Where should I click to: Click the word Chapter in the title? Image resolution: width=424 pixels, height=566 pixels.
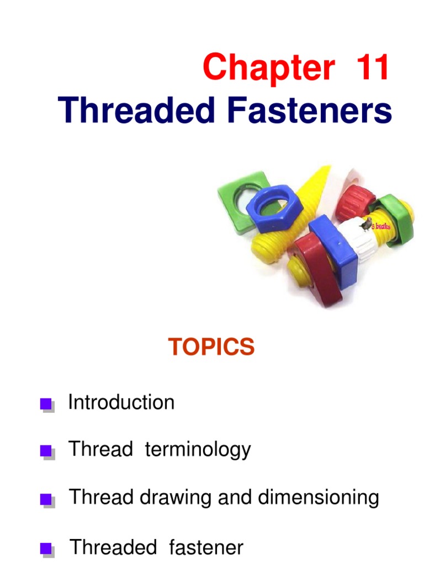pyautogui.click(x=268, y=68)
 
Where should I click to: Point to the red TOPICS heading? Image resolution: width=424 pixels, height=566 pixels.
pyautogui.click(x=211, y=347)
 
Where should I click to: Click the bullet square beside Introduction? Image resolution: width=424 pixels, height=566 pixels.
pyautogui.click(x=46, y=405)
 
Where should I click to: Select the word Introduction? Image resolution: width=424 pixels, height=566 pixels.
pyautogui.click(x=121, y=402)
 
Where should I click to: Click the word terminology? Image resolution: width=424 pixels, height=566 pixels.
pyautogui.click(x=198, y=450)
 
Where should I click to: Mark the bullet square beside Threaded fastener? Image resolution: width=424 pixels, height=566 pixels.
pyautogui.click(x=46, y=549)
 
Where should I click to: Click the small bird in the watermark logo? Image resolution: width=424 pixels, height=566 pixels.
pyautogui.click(x=365, y=224)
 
